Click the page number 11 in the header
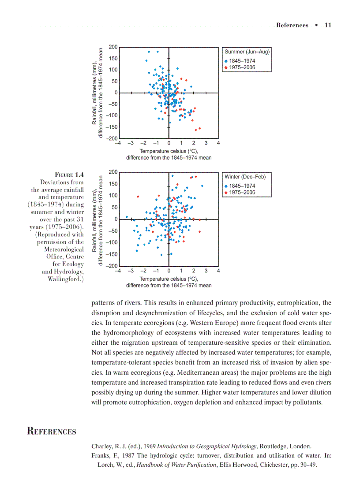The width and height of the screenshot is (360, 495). [x=327, y=25]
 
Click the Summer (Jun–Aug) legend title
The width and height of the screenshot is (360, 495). [x=247, y=52]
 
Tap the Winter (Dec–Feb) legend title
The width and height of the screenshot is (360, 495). [x=245, y=177]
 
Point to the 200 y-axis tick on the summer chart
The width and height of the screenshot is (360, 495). [x=113, y=47]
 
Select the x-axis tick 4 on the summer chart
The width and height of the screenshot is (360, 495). [x=218, y=143]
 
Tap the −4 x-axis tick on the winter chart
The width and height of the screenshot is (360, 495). [x=118, y=271]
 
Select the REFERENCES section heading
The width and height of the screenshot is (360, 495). [x=51, y=432]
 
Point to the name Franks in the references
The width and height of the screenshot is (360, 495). [x=101, y=456]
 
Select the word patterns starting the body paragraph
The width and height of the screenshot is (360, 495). [x=104, y=303]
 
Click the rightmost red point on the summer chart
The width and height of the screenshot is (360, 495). [x=200, y=128]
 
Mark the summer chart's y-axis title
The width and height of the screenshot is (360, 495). [x=97, y=93]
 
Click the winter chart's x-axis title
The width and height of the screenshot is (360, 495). [x=169, y=282]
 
